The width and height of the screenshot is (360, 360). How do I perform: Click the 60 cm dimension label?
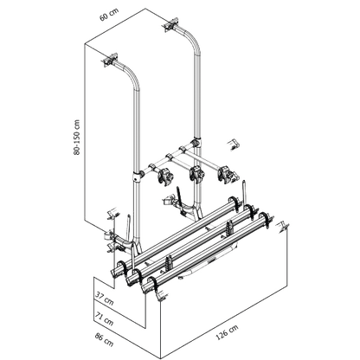pyautogui.click(x=109, y=15)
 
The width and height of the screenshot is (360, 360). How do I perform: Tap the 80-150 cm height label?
pyautogui.click(x=77, y=138)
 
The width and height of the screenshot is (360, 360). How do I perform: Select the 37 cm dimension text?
pyautogui.click(x=104, y=298)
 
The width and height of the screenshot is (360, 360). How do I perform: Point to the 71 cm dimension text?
pyautogui.click(x=104, y=318)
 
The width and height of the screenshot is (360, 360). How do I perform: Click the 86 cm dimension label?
pyautogui.click(x=104, y=339)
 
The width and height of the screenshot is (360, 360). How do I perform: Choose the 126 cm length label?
pyautogui.click(x=227, y=332)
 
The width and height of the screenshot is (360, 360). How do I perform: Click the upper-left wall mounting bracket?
pyautogui.click(x=111, y=60)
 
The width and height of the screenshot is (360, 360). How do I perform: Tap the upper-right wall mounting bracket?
pyautogui.click(x=170, y=25)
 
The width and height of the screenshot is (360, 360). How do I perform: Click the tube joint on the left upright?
pyautogui.click(x=138, y=176)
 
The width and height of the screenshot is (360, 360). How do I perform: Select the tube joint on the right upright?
pyautogui.click(x=197, y=143)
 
